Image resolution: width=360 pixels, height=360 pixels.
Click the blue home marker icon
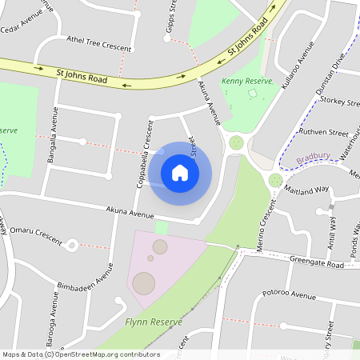click(180, 172)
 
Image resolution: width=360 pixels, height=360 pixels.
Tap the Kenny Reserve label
click(242, 82)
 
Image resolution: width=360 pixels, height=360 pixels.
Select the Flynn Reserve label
click(154, 322)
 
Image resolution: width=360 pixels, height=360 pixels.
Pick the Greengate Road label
click(316, 265)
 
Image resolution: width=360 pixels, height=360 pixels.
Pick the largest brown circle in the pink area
click(144, 283)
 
